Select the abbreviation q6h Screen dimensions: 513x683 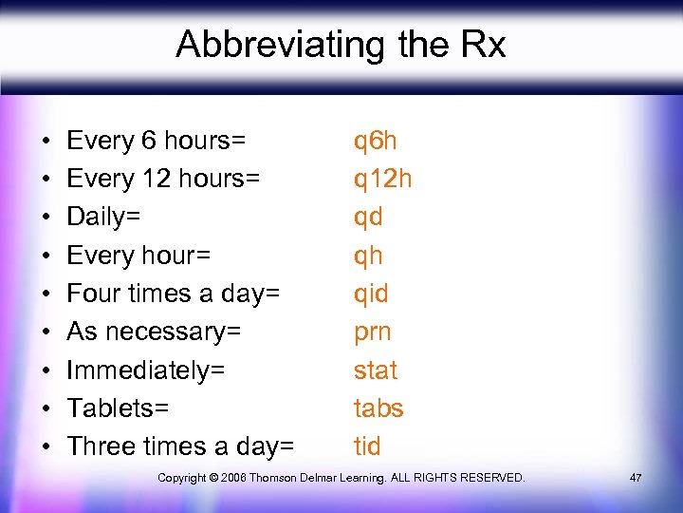click(375, 142)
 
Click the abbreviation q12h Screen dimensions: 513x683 click(382, 180)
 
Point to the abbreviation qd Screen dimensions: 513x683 click(368, 218)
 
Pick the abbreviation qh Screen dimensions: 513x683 click(368, 256)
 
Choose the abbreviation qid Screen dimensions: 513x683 click(371, 294)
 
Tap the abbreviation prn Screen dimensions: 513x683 click(372, 332)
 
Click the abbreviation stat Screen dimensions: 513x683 click(375, 370)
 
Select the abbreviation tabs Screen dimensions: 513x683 click(378, 408)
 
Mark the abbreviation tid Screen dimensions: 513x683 click(367, 446)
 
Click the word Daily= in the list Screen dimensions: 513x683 click(103, 218)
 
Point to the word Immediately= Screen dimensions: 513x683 click(145, 370)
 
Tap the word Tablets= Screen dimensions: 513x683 click(118, 408)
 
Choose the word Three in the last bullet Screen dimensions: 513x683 click(101, 446)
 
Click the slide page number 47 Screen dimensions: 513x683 click(635, 477)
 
